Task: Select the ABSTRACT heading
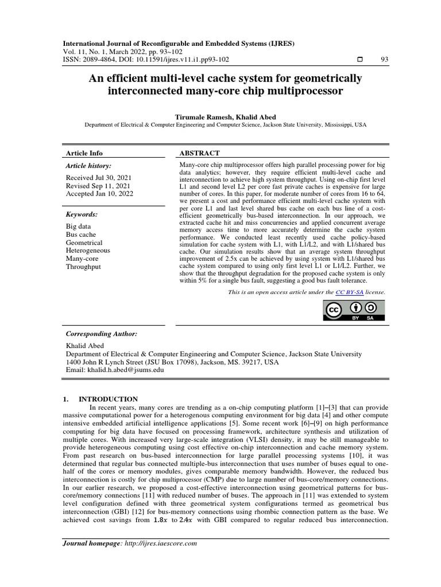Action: coord(199,153)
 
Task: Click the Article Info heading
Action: coord(84,153)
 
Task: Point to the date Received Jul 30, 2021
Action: coord(99,178)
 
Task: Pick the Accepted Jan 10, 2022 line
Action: coord(99,194)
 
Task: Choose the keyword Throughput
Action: coord(84,267)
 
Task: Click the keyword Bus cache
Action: coord(81,234)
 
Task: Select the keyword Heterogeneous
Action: coord(88,251)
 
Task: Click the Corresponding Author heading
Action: coord(102,334)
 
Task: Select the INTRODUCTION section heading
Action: coord(108,399)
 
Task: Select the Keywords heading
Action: coord(82,214)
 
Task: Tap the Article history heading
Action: coord(89,166)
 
